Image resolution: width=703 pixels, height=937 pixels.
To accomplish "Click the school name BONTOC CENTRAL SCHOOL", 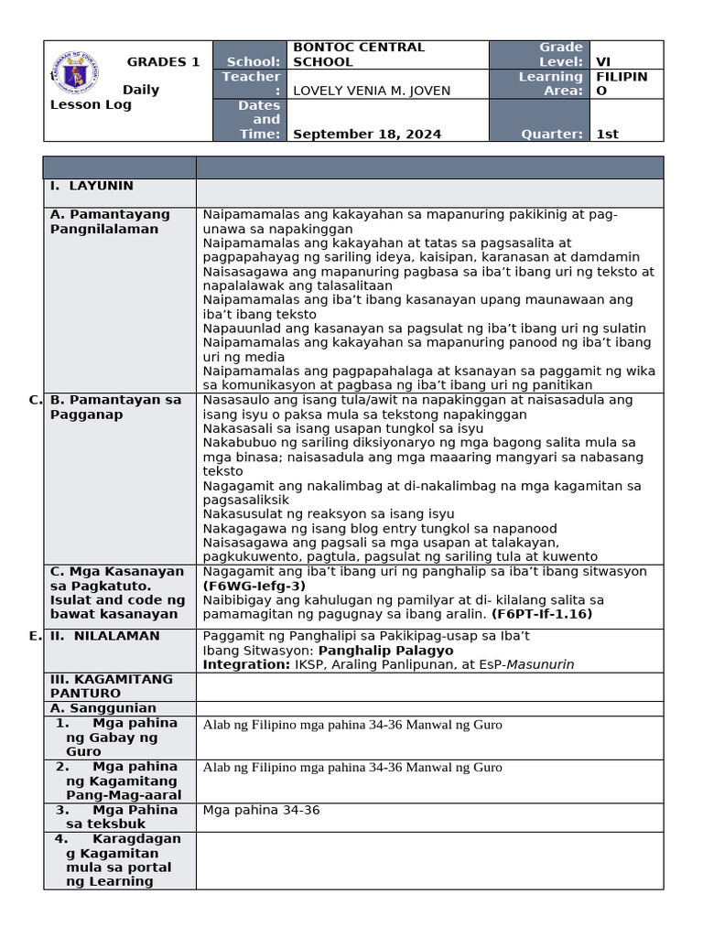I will pos(358,54).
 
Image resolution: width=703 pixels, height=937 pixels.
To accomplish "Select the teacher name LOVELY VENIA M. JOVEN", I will pos(371,90).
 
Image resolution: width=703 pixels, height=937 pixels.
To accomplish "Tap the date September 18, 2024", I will pos(366,134).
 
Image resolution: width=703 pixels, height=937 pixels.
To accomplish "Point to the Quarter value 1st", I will pos(607,134).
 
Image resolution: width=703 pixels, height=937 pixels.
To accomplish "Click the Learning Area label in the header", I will pos(550,83).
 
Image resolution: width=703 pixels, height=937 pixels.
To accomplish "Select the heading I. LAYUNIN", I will pos(92,186).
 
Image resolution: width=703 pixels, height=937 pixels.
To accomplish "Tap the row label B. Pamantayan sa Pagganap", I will pos(115,407).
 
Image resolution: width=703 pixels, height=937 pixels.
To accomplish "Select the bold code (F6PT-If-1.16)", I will pos(542,614).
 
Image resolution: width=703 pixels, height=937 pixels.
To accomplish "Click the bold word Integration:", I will pos(245,665).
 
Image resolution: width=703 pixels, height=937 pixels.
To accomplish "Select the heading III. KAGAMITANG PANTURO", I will pos(111,686).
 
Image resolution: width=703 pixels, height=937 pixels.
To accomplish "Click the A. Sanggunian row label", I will pos(103,708).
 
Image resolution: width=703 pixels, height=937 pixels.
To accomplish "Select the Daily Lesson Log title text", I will pos(92,97).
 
